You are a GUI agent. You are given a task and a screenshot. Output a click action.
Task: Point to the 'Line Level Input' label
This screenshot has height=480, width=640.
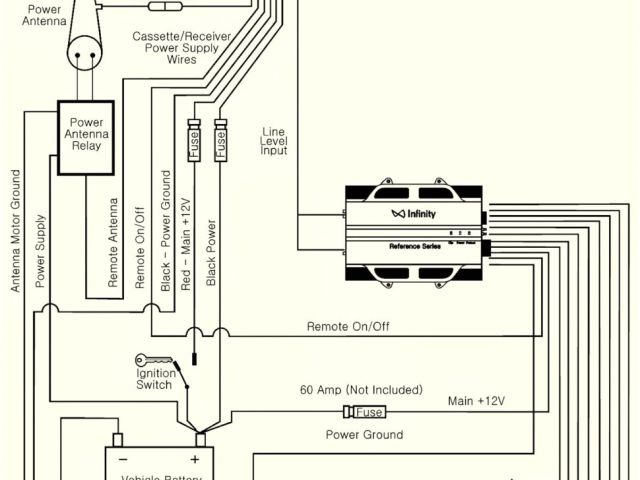click(274, 141)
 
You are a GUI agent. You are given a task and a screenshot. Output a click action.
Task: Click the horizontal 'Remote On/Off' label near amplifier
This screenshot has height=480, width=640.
click(349, 326)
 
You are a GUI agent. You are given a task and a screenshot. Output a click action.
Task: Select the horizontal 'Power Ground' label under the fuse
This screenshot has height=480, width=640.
click(365, 434)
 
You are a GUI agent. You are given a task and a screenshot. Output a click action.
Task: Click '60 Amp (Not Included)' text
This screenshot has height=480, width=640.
click(361, 389)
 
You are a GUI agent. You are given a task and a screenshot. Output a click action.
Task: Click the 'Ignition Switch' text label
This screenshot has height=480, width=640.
click(156, 380)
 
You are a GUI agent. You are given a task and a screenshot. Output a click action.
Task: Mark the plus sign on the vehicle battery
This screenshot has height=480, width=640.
click(194, 459)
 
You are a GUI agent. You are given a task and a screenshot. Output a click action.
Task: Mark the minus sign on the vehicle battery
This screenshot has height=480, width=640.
click(124, 459)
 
